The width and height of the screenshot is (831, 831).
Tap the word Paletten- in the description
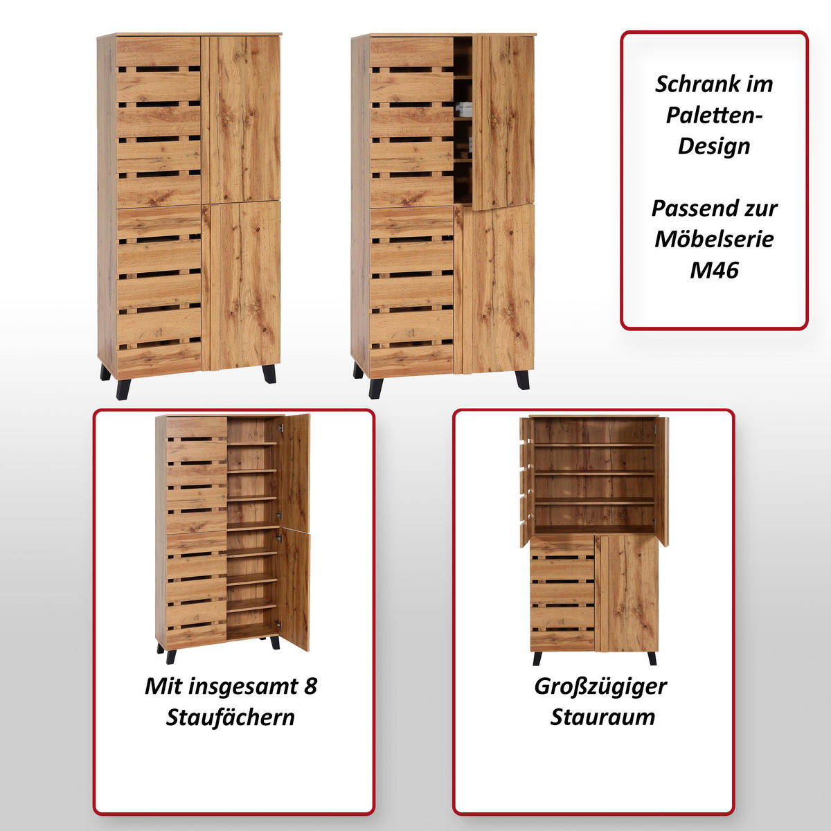pos(714,115)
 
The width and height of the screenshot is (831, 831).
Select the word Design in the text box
pos(714,146)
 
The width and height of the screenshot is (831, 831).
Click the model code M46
pos(714,270)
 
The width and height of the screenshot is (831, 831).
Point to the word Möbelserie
pos(714,239)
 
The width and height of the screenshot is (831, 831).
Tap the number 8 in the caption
pos(310,686)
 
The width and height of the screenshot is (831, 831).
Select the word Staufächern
pos(231,717)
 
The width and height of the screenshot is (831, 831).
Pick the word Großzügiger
pos(600,686)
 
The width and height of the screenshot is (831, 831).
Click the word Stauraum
pos(602,717)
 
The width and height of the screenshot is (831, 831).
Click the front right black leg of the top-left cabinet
pos(269,374)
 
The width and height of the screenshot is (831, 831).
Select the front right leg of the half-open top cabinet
pos(522,379)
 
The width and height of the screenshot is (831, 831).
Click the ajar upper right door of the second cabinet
pos(503,121)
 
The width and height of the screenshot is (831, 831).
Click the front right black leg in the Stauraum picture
pos(652,658)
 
